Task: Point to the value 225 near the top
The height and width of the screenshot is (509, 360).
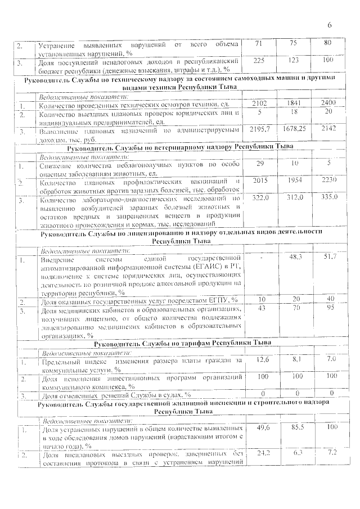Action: (259, 59)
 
